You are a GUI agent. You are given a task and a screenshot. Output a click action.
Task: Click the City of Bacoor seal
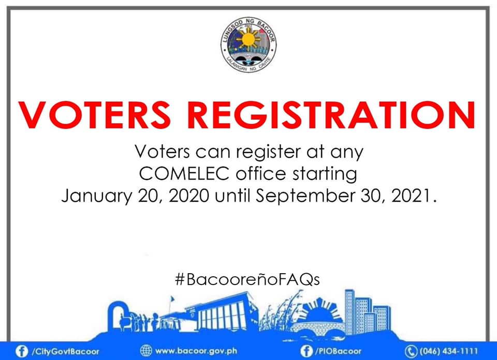tap(248, 44)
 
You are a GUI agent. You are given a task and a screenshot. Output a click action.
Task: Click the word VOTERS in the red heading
tap(94, 115)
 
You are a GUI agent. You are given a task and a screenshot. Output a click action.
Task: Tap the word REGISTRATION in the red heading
tap(331, 115)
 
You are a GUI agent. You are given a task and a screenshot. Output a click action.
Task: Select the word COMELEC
tap(184, 174)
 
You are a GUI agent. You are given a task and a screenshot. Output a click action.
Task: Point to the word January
tap(97, 197)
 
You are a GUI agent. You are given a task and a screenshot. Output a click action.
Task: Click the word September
tap(305, 197)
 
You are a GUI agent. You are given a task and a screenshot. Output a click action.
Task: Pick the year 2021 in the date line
tap(411, 196)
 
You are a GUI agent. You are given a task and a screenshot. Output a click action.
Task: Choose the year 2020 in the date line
tap(189, 196)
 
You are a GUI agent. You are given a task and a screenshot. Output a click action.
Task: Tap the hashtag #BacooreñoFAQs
tap(247, 279)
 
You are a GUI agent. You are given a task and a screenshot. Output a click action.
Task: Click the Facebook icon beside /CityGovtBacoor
tap(22, 351)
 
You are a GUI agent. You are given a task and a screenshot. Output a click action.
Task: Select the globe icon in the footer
tap(146, 351)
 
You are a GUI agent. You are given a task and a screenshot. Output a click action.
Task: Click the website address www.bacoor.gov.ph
tap(196, 351)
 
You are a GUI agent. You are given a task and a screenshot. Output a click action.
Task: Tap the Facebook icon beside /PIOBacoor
tap(306, 351)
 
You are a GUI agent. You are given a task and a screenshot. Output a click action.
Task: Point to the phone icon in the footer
tap(411, 351)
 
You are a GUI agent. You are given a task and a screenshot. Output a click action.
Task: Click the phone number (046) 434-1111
tap(448, 351)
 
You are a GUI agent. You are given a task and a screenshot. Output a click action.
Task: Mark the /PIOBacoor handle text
tap(338, 351)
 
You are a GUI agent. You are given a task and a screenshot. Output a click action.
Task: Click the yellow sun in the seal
tap(248, 39)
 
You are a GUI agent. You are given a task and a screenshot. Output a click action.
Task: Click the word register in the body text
tap(268, 152)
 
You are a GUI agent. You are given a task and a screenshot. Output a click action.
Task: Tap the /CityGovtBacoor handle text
tap(65, 351)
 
